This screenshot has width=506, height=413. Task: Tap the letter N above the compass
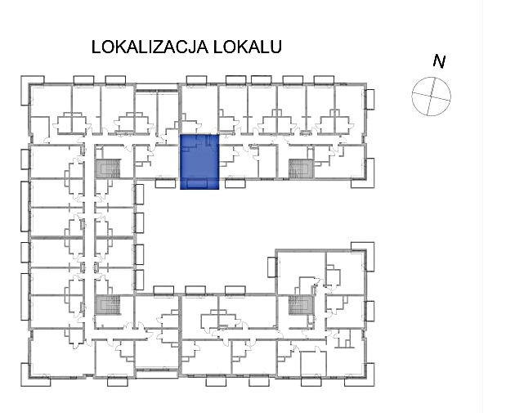439,61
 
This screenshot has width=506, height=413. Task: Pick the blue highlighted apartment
199,160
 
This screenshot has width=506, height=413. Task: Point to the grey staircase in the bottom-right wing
300,306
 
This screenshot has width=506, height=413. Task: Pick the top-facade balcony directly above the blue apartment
197,80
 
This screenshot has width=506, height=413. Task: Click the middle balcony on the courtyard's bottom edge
197,290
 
